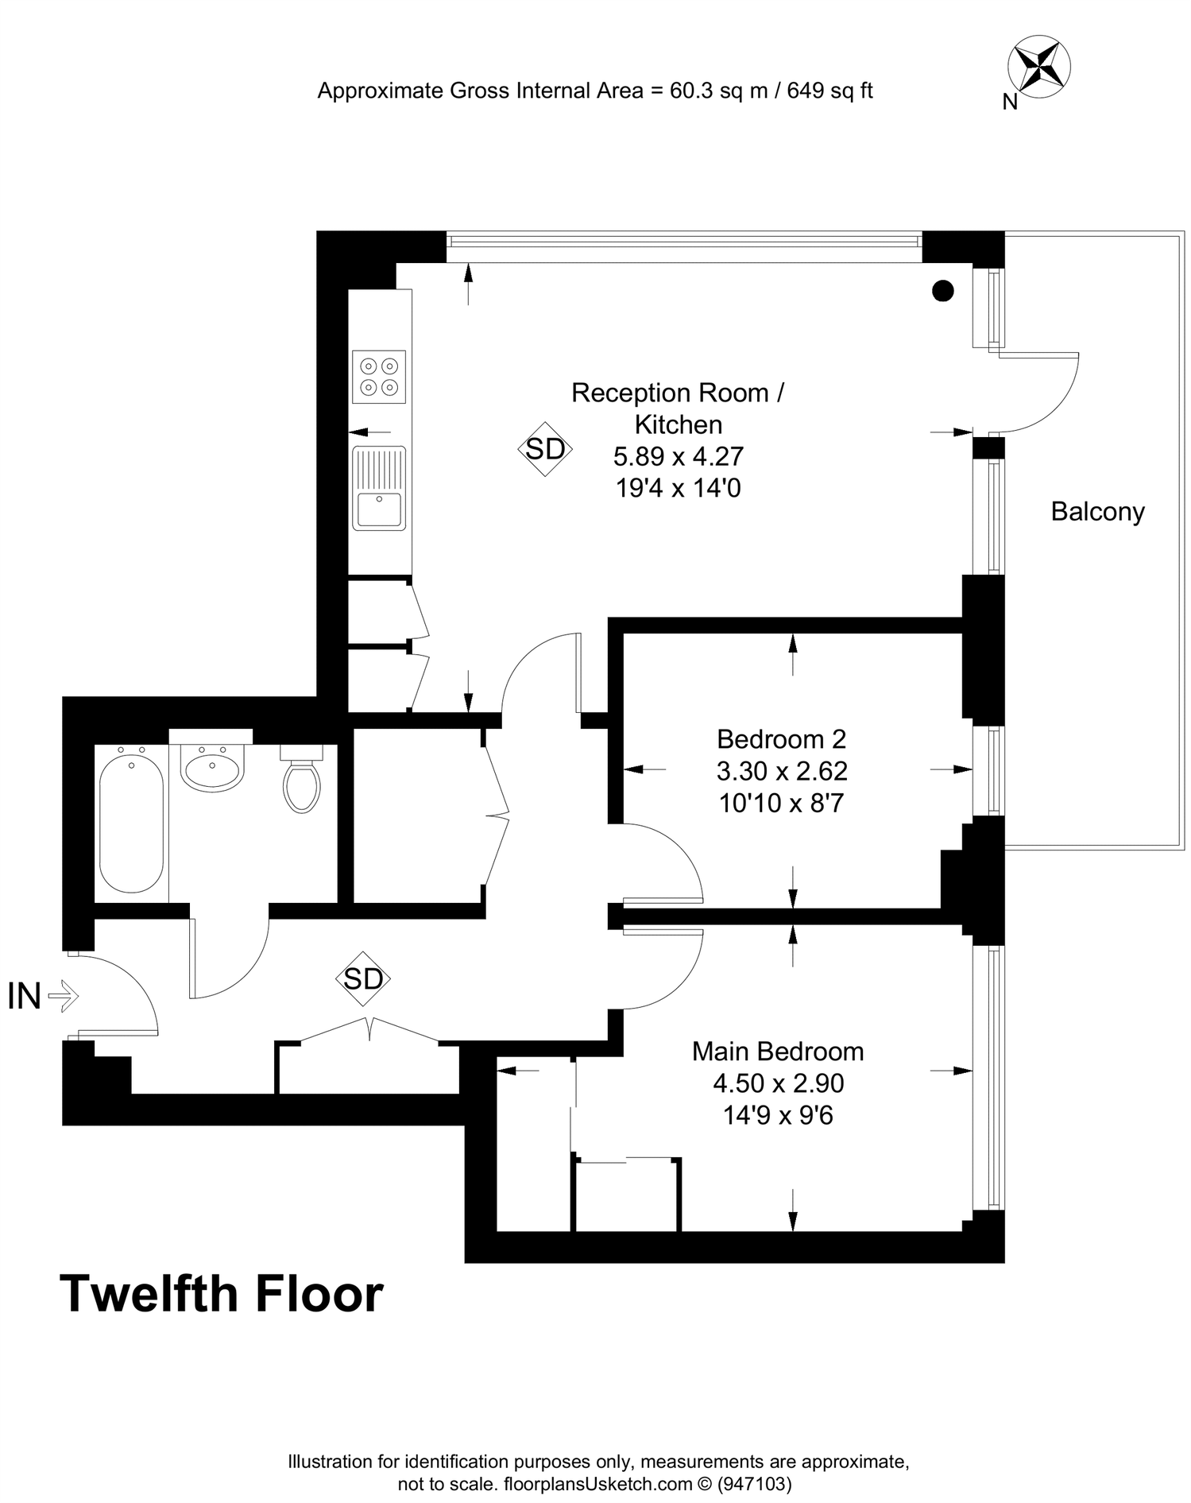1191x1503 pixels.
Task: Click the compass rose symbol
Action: point(1038,68)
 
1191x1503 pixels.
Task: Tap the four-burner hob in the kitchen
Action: point(379,377)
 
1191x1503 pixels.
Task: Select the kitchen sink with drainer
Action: point(379,488)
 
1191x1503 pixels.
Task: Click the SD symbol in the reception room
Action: point(545,449)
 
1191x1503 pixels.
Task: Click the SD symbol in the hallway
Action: point(363,978)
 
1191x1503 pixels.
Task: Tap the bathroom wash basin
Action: point(211,769)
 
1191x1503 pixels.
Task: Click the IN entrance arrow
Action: point(64,995)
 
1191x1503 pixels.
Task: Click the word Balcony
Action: point(1097,511)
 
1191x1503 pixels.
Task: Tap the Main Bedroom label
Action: point(777,1051)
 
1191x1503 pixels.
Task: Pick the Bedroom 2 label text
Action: point(781,739)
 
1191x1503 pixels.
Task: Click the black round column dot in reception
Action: point(942,291)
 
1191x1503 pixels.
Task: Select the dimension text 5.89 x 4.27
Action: point(678,456)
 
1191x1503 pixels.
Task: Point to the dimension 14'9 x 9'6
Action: point(777,1115)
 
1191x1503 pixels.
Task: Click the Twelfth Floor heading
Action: point(222,1294)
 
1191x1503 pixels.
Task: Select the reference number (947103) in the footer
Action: point(754,1483)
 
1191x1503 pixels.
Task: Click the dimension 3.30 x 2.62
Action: point(782,771)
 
